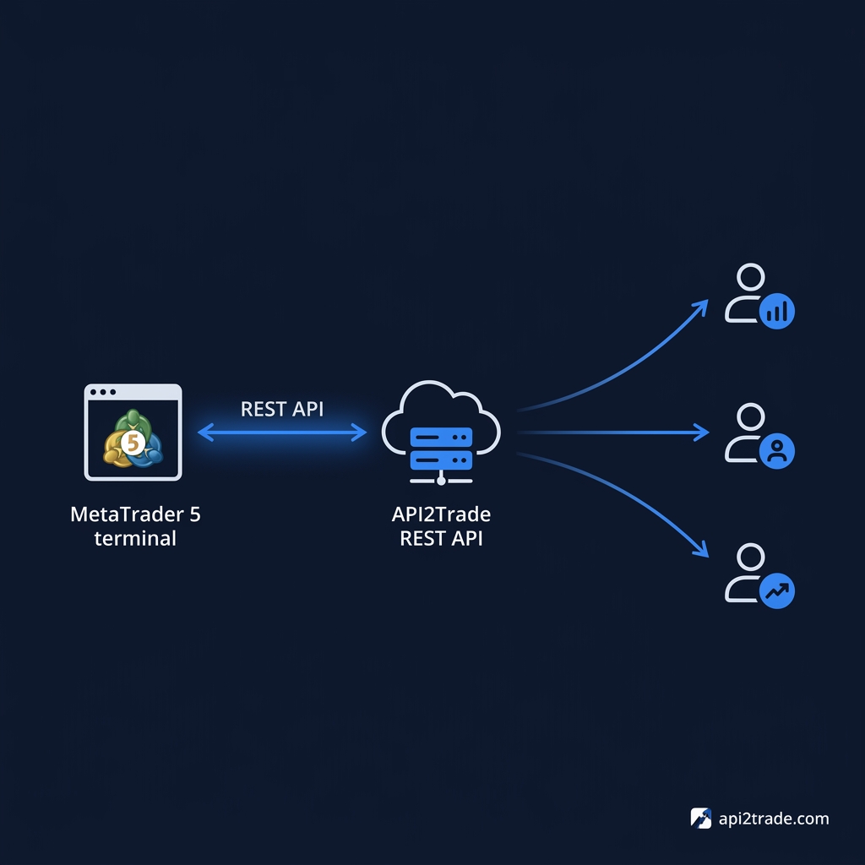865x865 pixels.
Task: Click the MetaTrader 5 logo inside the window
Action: pyautogui.click(x=133, y=438)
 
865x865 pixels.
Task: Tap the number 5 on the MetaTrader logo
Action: pyautogui.click(x=133, y=443)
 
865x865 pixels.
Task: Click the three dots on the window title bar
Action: pyautogui.click(x=102, y=392)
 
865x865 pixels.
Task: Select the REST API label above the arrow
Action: pyautogui.click(x=282, y=409)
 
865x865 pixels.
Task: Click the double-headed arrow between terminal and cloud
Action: pyautogui.click(x=282, y=432)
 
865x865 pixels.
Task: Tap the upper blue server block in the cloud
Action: pyautogui.click(x=441, y=437)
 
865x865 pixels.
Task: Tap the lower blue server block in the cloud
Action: pyautogui.click(x=441, y=460)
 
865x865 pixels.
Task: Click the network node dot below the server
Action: pyautogui.click(x=441, y=481)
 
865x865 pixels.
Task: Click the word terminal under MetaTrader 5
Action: pyautogui.click(x=135, y=538)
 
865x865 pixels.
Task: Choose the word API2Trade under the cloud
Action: pyautogui.click(x=441, y=514)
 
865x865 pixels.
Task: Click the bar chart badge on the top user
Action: pyautogui.click(x=777, y=311)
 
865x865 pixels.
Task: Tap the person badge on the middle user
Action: pyautogui.click(x=777, y=451)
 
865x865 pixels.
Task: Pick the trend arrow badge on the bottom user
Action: pyautogui.click(x=777, y=590)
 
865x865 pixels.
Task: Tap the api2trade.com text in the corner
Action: pyautogui.click(x=774, y=819)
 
